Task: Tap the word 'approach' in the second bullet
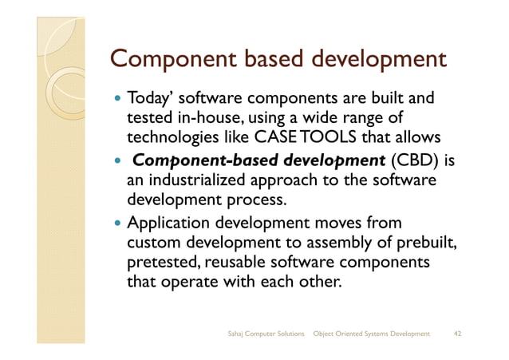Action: point(290,183)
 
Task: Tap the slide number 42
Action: point(457,333)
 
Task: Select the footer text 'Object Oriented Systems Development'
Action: point(373,333)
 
